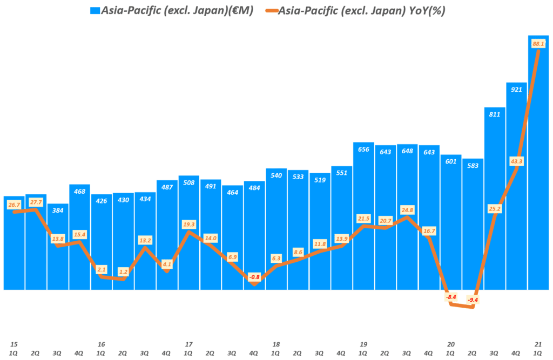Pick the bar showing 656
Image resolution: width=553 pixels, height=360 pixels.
click(x=363, y=216)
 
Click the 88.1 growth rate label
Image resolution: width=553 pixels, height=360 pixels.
click(x=538, y=43)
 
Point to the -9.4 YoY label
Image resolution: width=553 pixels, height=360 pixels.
click(x=473, y=300)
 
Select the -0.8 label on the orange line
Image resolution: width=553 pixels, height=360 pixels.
click(x=254, y=277)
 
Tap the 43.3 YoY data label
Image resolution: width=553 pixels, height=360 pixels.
click(x=516, y=160)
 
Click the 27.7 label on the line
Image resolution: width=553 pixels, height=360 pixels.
click(x=36, y=202)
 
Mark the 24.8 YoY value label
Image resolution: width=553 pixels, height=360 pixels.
click(x=407, y=209)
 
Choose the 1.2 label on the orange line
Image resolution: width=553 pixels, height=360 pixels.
click(x=123, y=271)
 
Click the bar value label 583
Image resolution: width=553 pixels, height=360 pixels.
click(x=473, y=166)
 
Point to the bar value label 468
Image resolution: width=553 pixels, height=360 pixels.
click(x=79, y=191)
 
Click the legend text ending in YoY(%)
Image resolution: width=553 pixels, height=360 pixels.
click(x=361, y=10)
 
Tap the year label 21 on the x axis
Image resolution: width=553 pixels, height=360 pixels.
click(x=538, y=344)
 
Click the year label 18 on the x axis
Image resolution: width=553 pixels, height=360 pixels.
click(x=276, y=344)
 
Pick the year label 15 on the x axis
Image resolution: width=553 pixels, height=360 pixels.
click(x=14, y=344)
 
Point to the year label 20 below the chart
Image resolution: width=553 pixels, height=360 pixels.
click(x=451, y=344)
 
